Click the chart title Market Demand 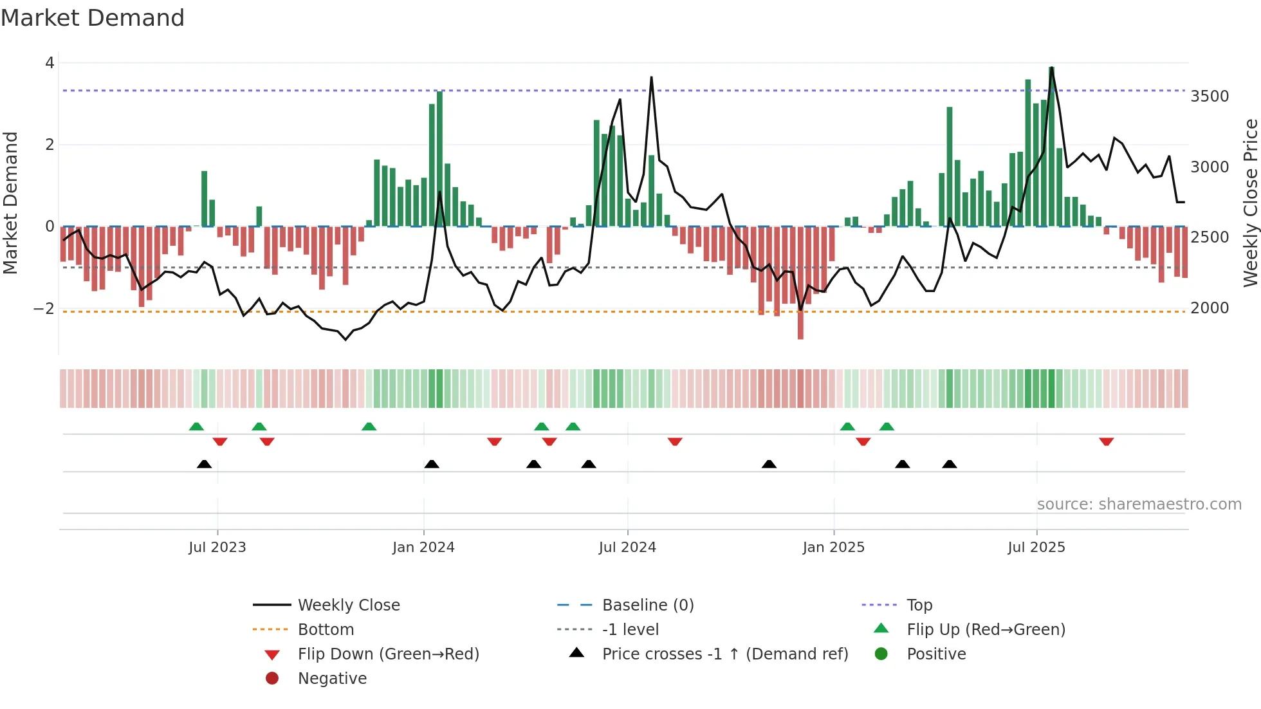tap(93, 18)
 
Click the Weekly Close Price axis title tap(1250, 203)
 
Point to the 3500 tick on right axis tap(1210, 97)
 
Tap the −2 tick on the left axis tap(44, 309)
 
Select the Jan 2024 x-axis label tap(423, 548)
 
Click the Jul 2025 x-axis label tap(1036, 548)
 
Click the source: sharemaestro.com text tap(1139, 504)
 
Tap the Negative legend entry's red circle tap(272, 678)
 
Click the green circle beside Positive tap(881, 654)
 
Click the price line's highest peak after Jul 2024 tap(651, 78)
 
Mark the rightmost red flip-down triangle tap(1106, 441)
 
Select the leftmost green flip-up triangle tap(196, 427)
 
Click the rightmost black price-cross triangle tap(950, 464)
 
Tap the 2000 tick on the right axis tap(1210, 308)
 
